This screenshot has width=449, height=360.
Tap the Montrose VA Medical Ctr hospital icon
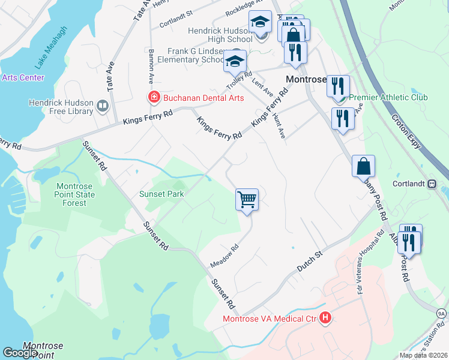click(325, 318)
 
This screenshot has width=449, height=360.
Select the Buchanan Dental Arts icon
click(154, 97)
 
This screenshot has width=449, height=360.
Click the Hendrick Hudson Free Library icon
click(103, 107)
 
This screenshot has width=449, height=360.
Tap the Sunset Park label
click(161, 194)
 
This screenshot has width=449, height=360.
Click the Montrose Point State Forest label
click(76, 194)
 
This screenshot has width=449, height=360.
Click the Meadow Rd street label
click(224, 255)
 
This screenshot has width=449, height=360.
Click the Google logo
click(20, 353)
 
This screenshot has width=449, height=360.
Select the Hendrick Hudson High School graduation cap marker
click(261, 23)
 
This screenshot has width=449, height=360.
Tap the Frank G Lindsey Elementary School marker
click(235, 61)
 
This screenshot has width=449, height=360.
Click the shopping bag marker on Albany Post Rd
click(363, 166)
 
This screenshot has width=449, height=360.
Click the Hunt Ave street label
click(278, 125)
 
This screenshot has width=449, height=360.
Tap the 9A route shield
click(441, 314)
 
